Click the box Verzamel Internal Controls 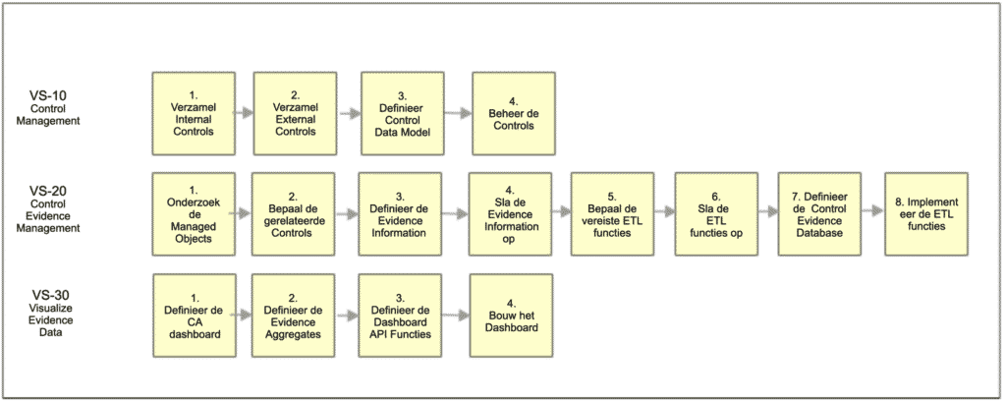pos(194,114)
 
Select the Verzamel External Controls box pos(295,114)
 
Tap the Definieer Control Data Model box pos(403,114)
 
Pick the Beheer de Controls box pos(513,114)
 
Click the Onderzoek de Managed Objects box pos(194,213)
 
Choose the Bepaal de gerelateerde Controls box pos(293,213)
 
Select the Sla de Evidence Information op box pos(510,213)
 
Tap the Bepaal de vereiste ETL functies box pos(613,213)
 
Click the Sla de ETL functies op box pos(716,213)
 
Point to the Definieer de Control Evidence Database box pos(819,213)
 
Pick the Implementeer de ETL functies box pos(926,213)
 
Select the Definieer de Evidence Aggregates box pos(293,316)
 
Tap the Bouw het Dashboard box pos(511,316)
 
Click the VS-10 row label pos(55,105)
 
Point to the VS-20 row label pos(55,208)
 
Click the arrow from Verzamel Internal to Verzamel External pos(244,114)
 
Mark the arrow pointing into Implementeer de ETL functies pos(873,209)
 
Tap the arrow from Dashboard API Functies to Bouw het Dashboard pos(457,316)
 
